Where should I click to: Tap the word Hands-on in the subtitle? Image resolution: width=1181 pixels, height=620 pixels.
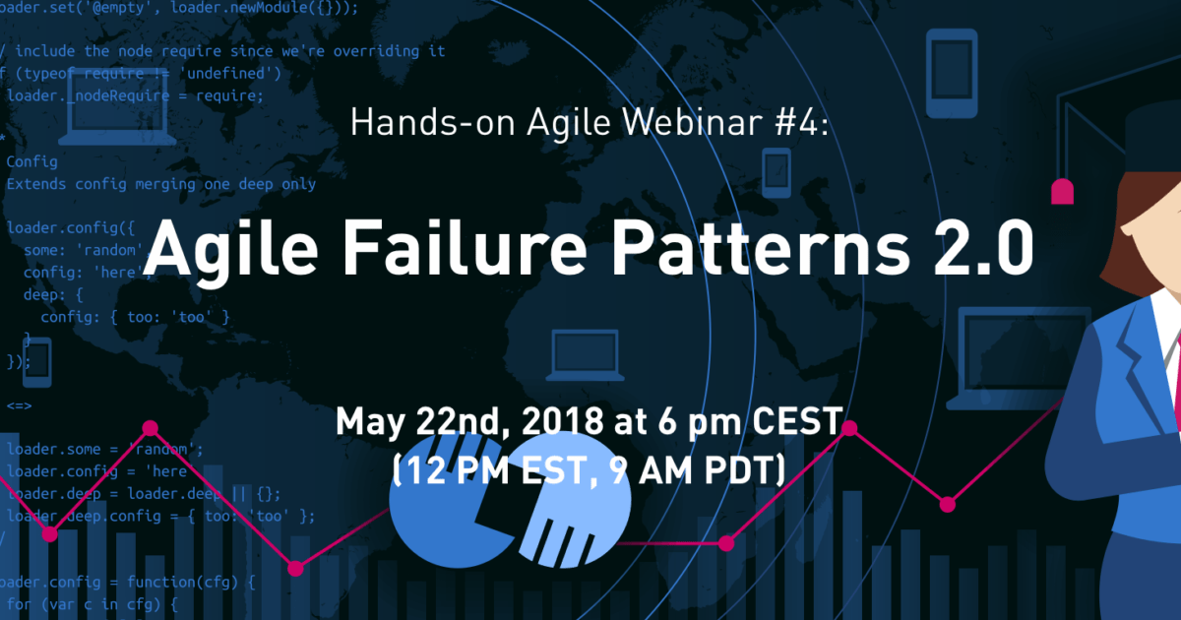(430, 123)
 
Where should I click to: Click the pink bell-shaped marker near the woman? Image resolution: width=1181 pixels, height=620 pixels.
(1062, 191)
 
